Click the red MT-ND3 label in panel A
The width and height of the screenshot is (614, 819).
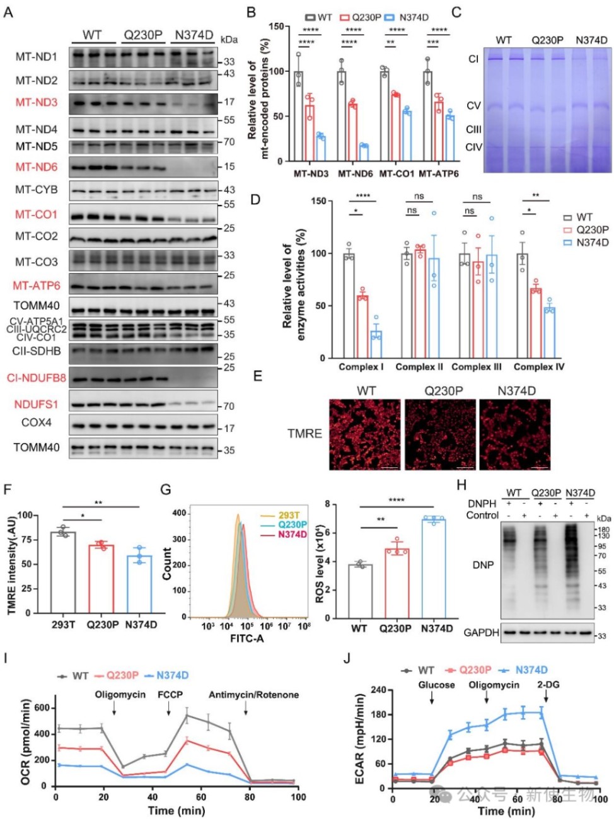tap(36, 103)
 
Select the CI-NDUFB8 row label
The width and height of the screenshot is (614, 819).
tap(37, 378)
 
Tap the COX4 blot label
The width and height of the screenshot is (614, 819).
tap(37, 422)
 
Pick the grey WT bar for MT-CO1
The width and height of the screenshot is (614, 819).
tap(383, 117)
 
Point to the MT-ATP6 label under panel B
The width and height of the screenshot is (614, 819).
tap(439, 173)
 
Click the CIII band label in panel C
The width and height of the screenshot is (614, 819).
tap(473, 130)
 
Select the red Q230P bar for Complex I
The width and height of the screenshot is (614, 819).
tap(362, 327)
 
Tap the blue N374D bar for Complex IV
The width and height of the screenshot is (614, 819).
tap(550, 332)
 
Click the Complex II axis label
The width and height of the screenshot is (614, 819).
tap(419, 367)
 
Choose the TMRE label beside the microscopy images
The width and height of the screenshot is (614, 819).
tap(304, 434)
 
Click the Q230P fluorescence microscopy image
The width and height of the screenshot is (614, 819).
tap(439, 434)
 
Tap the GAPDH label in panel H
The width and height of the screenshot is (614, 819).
tap(482, 632)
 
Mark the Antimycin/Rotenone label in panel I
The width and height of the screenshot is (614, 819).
tap(253, 695)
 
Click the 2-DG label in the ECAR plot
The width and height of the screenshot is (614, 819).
tap(548, 685)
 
